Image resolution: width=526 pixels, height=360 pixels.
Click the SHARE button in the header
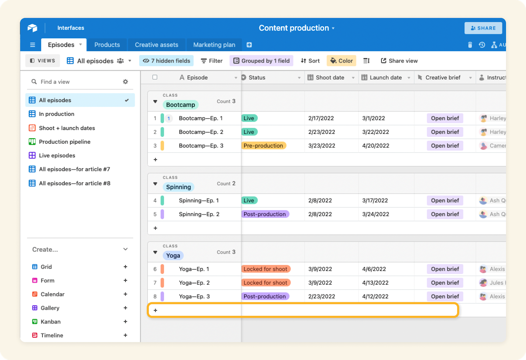point(483,28)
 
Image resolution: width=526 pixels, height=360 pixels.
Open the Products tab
point(107,45)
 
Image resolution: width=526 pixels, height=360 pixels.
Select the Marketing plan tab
point(214,45)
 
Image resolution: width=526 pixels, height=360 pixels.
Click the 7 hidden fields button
point(166,61)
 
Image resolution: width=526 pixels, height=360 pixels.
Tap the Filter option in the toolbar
point(211,61)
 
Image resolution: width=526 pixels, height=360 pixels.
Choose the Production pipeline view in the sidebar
point(64,142)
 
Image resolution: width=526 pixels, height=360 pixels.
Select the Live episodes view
point(57,155)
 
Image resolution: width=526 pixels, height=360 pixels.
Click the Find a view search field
point(77,82)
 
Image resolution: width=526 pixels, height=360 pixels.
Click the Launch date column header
point(385,78)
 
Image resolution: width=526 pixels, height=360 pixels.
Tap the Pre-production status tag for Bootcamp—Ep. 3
point(263,146)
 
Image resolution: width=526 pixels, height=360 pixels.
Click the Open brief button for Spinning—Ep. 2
point(445,214)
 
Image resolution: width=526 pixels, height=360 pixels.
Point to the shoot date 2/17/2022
point(321,118)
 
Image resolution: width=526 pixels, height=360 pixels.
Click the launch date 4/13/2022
point(375,283)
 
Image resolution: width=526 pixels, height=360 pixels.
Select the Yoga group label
point(173,256)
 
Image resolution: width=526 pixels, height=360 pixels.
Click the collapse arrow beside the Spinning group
point(155,184)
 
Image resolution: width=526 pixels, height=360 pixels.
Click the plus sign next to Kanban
point(125,321)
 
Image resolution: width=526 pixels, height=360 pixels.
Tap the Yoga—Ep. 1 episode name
point(194,269)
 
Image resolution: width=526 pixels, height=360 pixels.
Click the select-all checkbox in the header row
point(155,77)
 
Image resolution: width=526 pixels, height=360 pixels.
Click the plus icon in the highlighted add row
point(155,310)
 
